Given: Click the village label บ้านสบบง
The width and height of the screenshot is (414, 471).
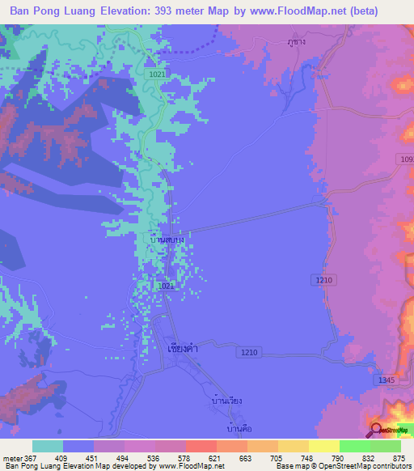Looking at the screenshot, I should click(169, 240).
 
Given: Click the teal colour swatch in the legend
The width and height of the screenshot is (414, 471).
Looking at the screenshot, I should click(48, 446).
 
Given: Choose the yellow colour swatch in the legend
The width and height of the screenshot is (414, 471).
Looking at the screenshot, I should click(323, 446).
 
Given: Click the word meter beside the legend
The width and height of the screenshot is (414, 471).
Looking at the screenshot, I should click(13, 459).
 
